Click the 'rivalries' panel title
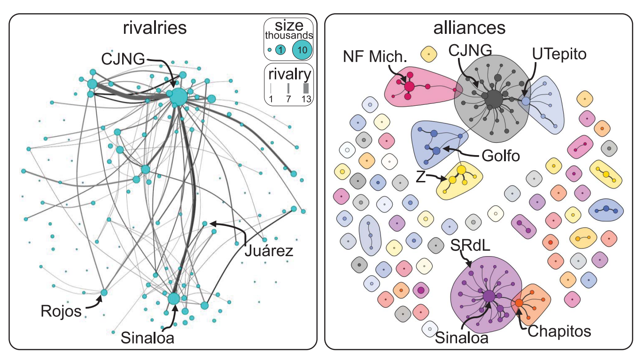(x=155, y=28)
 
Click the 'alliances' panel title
(x=469, y=28)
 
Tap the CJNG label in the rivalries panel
(x=124, y=60)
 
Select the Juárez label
(x=269, y=251)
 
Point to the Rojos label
(x=62, y=312)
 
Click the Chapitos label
(x=559, y=331)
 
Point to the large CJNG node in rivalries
(x=178, y=97)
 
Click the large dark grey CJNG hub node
(x=494, y=99)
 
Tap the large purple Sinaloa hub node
(x=489, y=297)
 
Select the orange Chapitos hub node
(x=519, y=303)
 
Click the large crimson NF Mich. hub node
(x=409, y=86)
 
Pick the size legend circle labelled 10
(x=302, y=50)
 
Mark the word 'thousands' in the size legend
(x=289, y=36)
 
